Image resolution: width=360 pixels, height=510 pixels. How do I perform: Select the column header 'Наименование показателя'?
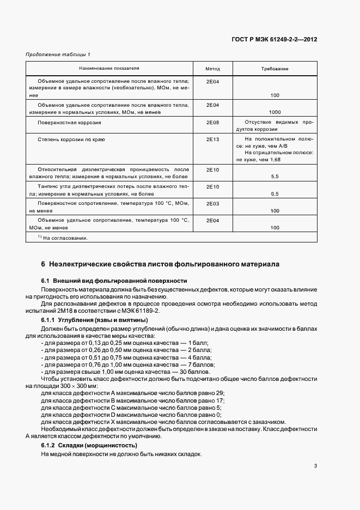[x=109, y=69]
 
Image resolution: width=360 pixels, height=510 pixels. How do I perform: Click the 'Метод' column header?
[x=212, y=69]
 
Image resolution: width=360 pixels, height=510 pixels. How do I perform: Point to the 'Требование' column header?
[x=275, y=69]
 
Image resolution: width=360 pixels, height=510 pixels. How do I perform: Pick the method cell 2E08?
[x=212, y=123]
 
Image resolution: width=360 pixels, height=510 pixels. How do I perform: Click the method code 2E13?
[x=212, y=139]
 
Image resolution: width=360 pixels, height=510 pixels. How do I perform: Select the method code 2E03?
[x=212, y=203]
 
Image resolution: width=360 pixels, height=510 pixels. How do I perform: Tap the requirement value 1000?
[x=274, y=112]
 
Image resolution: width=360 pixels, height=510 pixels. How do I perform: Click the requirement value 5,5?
[x=274, y=177]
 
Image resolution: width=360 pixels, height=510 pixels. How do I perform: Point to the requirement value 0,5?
[x=274, y=193]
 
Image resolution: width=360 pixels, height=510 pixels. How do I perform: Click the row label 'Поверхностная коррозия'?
[x=69, y=123]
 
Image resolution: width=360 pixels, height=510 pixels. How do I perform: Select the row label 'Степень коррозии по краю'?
[x=71, y=139]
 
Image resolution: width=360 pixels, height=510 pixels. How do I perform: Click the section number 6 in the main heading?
[x=43, y=264]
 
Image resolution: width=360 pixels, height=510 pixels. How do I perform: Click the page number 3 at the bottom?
[x=315, y=465]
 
